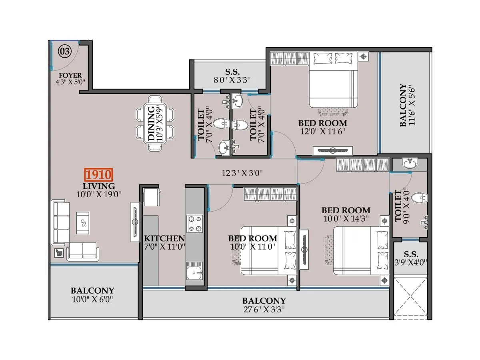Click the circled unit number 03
click(65, 51)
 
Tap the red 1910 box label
click(98, 175)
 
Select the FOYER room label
click(70, 75)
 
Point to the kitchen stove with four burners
click(194, 224)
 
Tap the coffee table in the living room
click(83, 223)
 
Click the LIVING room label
click(98, 186)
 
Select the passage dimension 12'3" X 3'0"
click(242, 173)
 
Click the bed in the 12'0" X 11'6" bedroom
click(333, 80)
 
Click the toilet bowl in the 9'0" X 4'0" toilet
click(419, 197)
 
